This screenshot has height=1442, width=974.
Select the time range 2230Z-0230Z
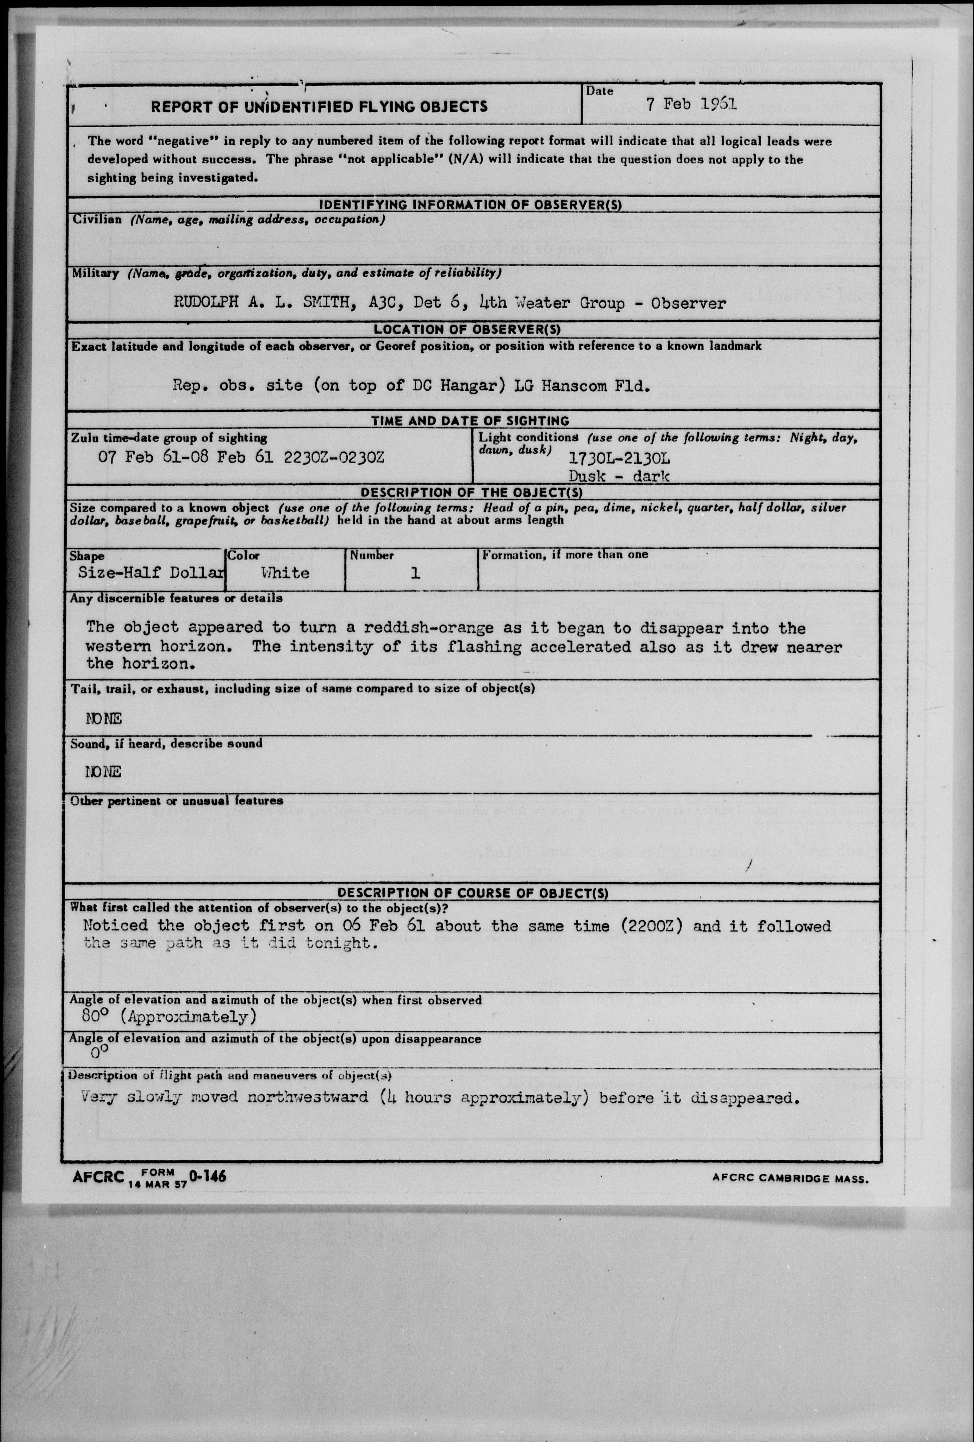pyautogui.click(x=334, y=457)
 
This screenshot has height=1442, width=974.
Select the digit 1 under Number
pyautogui.click(x=415, y=573)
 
